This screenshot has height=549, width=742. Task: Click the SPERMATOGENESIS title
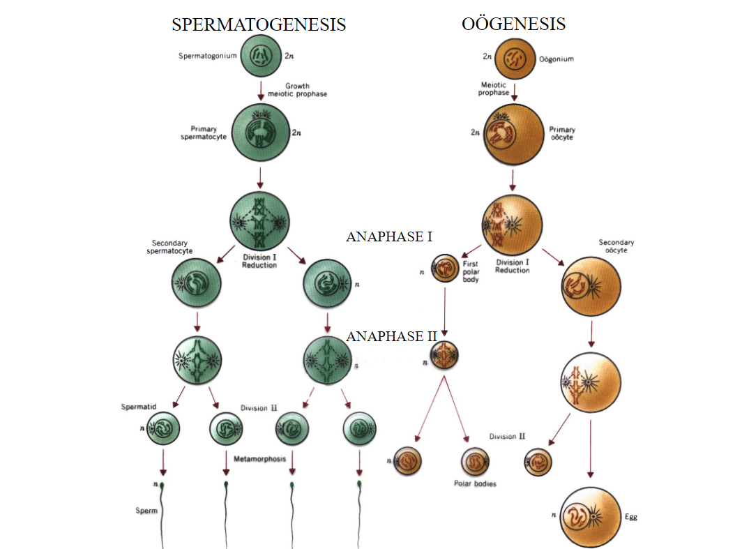(259, 24)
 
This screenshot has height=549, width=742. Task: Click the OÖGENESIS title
(513, 24)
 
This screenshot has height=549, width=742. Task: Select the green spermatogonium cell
(261, 55)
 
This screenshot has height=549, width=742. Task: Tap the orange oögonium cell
(515, 59)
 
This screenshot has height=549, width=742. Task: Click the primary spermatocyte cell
(260, 133)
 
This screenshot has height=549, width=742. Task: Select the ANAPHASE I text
(389, 236)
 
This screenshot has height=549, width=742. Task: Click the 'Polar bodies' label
(475, 483)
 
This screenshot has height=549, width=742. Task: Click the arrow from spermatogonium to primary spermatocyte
(261, 90)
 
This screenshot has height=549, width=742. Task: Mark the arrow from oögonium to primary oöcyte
(515, 91)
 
